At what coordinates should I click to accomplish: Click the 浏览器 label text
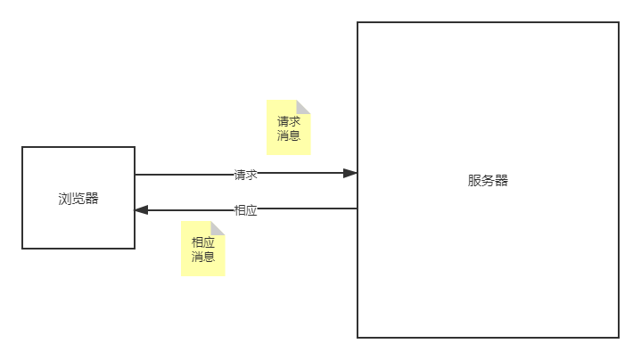(x=78, y=199)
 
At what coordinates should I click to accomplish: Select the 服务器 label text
(x=488, y=180)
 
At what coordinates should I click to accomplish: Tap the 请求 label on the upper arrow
(x=245, y=175)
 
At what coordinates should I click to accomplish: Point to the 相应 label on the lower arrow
(x=245, y=210)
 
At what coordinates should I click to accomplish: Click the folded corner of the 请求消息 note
(x=304, y=107)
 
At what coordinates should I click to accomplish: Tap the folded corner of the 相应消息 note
(x=218, y=228)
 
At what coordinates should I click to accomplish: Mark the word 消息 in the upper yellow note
(x=289, y=136)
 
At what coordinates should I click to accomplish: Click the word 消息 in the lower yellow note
(x=203, y=257)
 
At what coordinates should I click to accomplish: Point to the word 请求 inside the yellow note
(x=289, y=121)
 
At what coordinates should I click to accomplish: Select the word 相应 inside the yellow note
(x=203, y=241)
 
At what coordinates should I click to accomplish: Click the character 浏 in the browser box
(x=65, y=199)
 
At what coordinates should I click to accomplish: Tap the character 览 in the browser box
(x=78, y=199)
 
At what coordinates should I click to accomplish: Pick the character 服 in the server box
(x=474, y=180)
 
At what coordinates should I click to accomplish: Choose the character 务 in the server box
(x=488, y=180)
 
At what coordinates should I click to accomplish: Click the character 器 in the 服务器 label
(x=501, y=180)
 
